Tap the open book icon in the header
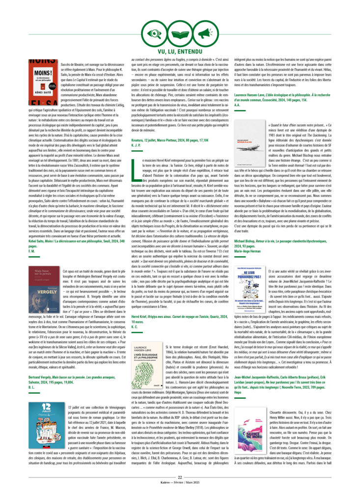180,35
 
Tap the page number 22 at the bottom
180,491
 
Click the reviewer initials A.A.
237,106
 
